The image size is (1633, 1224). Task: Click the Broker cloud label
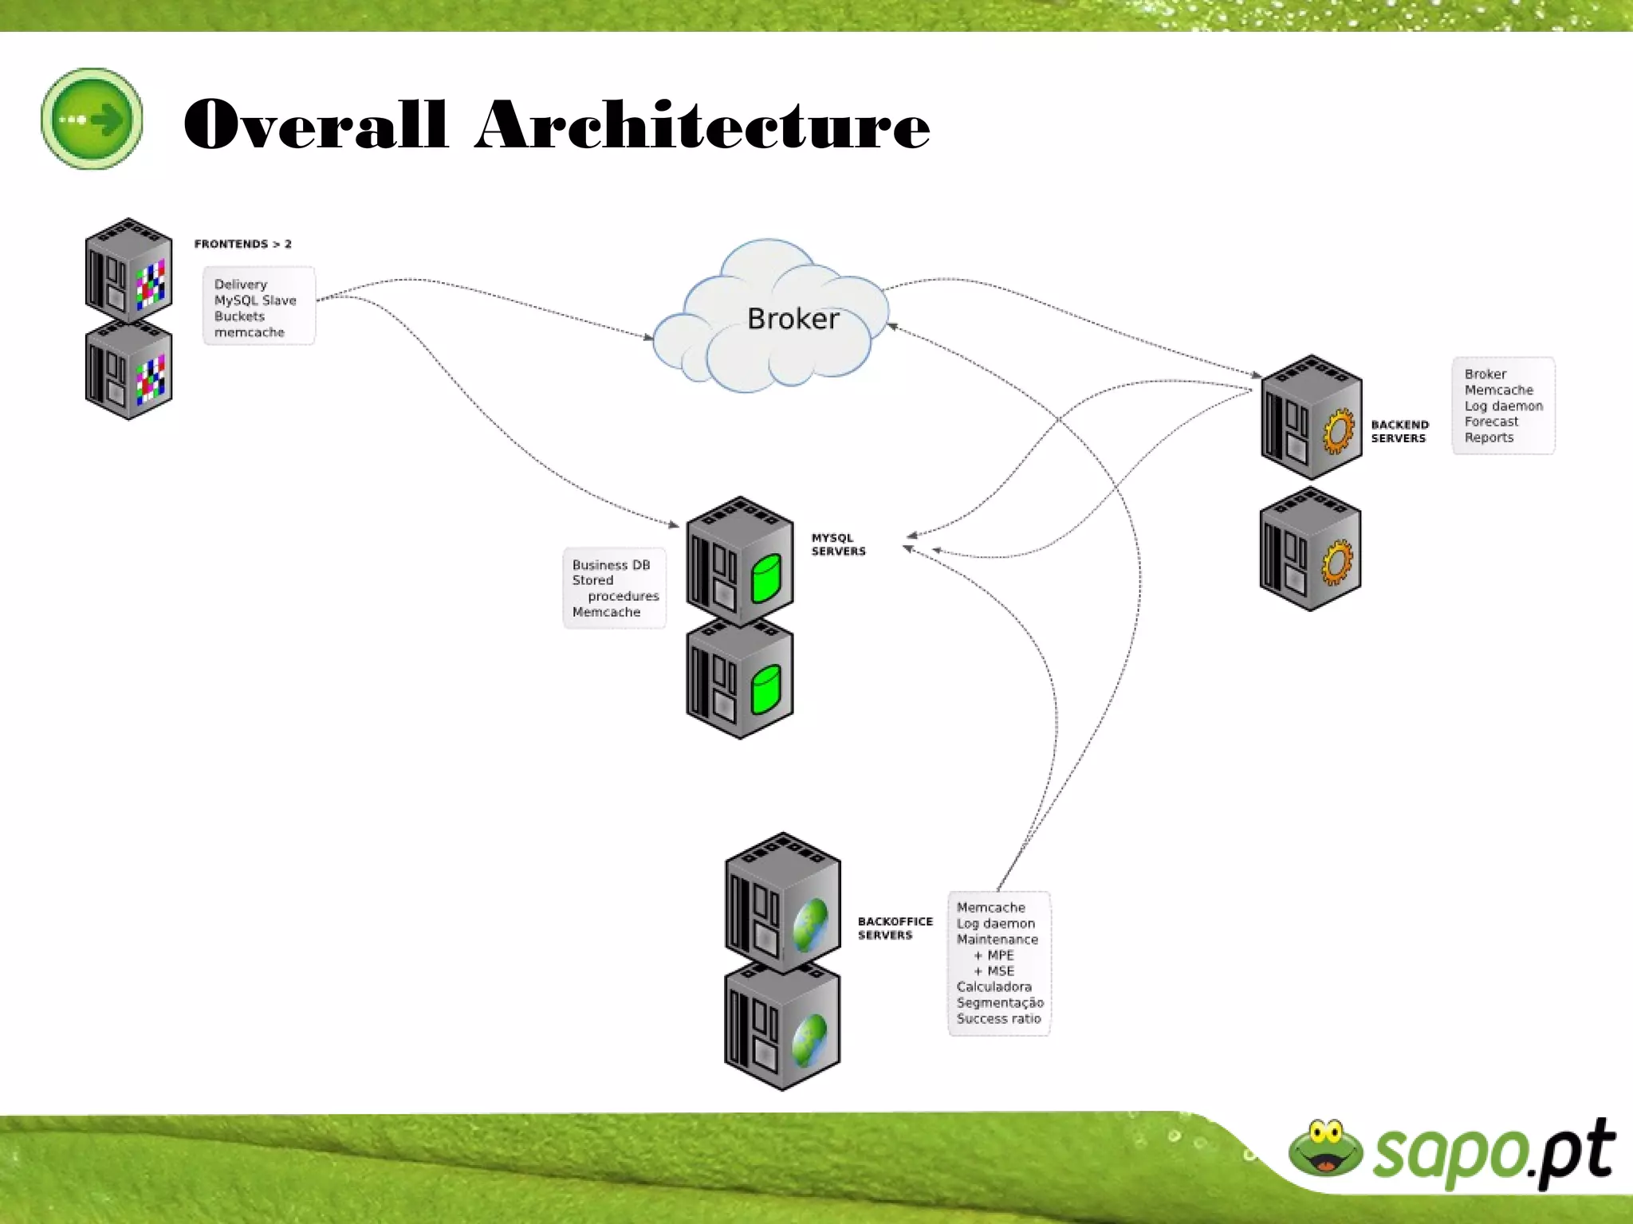coord(793,319)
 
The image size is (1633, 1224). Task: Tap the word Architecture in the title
coord(702,125)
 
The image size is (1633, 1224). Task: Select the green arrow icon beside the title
coord(92,119)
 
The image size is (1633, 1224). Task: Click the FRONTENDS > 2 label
coord(242,244)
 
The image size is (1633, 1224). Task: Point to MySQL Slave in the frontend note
coord(255,300)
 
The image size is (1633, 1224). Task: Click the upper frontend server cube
coord(128,271)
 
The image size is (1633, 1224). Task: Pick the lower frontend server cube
coord(128,373)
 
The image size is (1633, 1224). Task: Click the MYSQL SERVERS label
coord(838,544)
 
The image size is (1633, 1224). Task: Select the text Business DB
coord(611,565)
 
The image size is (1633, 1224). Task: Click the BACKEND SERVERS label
coord(1399,431)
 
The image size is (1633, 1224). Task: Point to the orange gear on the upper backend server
coord(1339,431)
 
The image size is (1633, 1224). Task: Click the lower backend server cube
coord(1309,550)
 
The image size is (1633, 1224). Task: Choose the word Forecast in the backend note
coord(1491,422)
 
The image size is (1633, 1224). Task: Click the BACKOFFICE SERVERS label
coord(895,928)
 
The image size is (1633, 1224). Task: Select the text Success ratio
coord(998,1018)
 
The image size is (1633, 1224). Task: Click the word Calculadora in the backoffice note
coord(994,987)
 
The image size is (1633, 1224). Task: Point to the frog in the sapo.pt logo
coord(1325,1147)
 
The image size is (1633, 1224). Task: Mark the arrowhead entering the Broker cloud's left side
coord(649,337)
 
